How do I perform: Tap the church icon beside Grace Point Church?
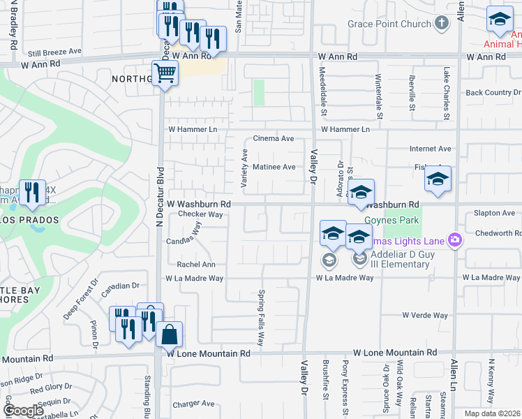(440, 24)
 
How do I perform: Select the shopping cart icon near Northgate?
(165, 72)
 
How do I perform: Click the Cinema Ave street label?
(274, 139)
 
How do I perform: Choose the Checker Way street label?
(200, 214)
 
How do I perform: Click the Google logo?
(23, 411)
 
